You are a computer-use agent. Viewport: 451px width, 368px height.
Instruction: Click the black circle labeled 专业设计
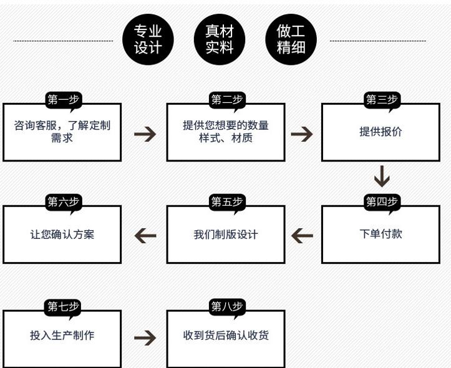coord(148,39)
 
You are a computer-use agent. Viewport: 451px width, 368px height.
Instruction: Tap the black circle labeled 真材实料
coord(220,39)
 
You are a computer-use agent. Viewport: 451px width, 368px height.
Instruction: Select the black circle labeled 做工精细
coord(291,39)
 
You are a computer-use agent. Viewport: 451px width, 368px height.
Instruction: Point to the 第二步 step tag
coord(226,100)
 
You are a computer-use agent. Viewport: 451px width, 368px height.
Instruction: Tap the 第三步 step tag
coord(382,100)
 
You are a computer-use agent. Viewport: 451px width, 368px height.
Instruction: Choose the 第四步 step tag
coord(382,201)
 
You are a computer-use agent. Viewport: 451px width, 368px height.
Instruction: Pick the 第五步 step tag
coord(226,201)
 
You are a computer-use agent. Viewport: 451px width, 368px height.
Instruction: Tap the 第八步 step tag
coord(226,306)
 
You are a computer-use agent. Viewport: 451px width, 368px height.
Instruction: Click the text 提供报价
coord(381,132)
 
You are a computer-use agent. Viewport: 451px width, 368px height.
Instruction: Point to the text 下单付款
coord(381,235)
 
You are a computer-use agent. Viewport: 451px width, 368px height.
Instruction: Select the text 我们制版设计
coord(226,235)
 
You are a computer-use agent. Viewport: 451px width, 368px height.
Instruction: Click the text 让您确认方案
coord(62,235)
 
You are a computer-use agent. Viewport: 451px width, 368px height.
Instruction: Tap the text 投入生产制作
coord(62,336)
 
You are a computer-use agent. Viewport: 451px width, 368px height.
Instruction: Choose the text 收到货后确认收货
coord(226,336)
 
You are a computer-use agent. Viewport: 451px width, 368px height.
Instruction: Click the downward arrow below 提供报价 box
coord(382,177)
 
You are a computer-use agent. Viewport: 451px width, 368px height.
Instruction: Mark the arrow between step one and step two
coord(145,133)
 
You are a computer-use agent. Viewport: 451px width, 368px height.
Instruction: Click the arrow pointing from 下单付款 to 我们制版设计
coord(303,235)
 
